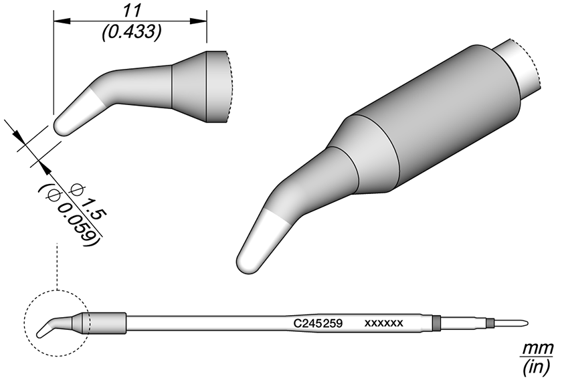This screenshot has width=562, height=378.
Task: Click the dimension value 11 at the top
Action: [x=131, y=11]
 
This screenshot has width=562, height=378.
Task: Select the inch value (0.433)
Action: [x=131, y=33]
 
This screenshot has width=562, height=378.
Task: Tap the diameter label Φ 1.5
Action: [x=88, y=201]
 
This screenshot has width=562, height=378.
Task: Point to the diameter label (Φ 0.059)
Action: [x=68, y=215]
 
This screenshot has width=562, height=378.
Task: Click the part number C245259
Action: [x=318, y=323]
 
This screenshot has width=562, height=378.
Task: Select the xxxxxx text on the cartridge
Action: [x=383, y=323]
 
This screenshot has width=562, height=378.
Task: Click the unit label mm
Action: [x=539, y=349]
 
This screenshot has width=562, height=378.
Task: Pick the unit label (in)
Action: [x=537, y=366]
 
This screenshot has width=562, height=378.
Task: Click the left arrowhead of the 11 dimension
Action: [x=62, y=21]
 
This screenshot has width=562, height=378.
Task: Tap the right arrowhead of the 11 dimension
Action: [x=199, y=21]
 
